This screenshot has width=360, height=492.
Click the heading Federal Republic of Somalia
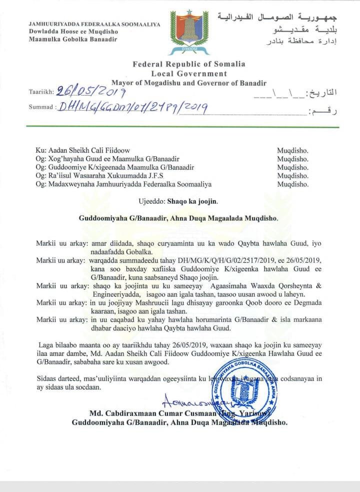[x=188, y=64]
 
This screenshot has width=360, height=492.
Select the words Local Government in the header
[x=189, y=74]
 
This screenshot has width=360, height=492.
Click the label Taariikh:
[x=41, y=93]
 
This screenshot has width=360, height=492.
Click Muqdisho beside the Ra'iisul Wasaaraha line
[x=293, y=176]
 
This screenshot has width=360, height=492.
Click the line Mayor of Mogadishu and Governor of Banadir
[x=189, y=83]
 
